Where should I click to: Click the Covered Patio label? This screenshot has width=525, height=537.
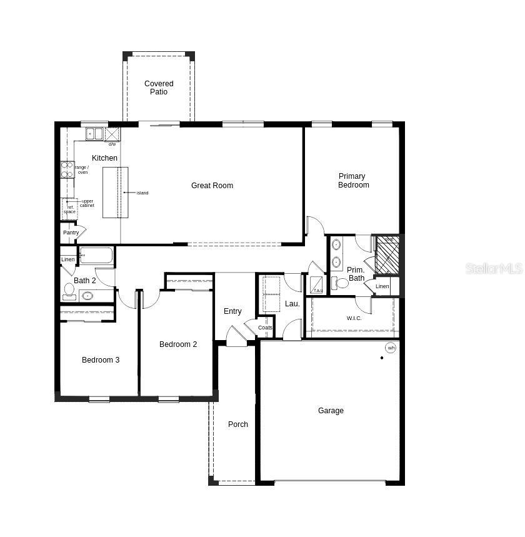pos(159,88)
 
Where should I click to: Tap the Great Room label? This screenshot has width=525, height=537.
pos(212,186)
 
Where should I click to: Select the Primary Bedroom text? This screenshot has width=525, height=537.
pos(352,181)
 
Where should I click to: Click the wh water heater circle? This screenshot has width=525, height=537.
pos(391,348)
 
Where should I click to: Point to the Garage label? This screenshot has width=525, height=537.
pos(331,411)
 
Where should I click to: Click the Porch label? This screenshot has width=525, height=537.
pos(237,424)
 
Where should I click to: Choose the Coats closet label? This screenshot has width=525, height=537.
pos(265,328)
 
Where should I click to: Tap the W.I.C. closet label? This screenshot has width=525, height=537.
pos(354,318)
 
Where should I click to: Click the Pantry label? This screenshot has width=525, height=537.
pos(71,233)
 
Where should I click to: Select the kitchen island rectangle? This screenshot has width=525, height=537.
pos(116,192)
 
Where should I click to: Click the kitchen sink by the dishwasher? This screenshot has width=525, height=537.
pos(94,134)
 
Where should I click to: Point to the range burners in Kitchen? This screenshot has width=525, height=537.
pos(67,169)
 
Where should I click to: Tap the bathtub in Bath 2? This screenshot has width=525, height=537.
pos(97,256)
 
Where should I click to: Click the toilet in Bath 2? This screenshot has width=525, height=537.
pos(69,291)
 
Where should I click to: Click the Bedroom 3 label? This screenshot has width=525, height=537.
pos(101,360)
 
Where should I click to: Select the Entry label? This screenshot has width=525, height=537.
pos(232,311)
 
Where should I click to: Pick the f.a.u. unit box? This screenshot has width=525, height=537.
pos(317,285)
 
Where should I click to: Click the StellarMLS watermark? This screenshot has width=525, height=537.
pos(494,269)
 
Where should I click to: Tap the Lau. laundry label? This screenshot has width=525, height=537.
pos(292,304)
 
